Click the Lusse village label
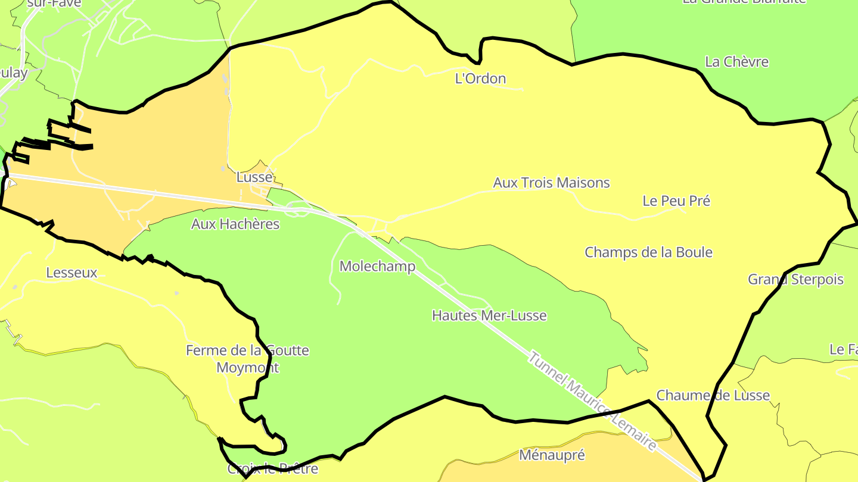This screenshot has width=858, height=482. click(x=254, y=177)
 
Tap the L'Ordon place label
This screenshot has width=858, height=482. click(x=480, y=79)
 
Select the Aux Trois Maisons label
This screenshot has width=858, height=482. click(x=551, y=183)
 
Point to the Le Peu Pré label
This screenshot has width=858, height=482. click(x=676, y=201)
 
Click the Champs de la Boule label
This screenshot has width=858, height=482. click(x=648, y=252)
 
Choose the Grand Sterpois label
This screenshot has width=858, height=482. click(x=795, y=280)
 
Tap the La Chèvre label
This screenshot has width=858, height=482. click(x=736, y=62)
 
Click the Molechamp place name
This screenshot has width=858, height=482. click(x=377, y=267)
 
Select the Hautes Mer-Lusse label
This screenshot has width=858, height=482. click(x=489, y=315)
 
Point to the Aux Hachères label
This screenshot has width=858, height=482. click(x=235, y=224)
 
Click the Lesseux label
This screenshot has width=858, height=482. click(x=71, y=273)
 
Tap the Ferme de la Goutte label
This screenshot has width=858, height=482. click(x=247, y=350)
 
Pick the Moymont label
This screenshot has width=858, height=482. click(x=247, y=368)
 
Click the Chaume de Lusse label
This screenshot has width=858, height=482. click(x=713, y=396)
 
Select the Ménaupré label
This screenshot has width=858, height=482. click(x=552, y=456)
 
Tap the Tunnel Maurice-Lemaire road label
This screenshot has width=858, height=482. click(x=592, y=402)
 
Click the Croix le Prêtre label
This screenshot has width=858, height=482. click(x=273, y=469)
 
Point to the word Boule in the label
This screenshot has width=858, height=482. click(x=693, y=252)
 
